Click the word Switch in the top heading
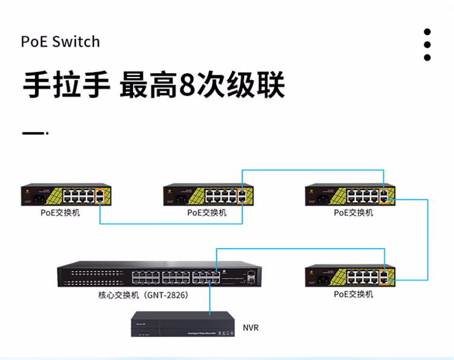[x=76, y=42]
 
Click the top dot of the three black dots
[x=427, y=32]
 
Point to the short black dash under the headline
[x=34, y=133]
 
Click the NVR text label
[x=251, y=327]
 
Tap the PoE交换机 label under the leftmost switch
[x=60, y=213]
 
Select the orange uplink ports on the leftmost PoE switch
[x=99, y=195]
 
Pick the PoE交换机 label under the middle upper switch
[x=206, y=213]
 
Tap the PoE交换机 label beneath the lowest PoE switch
[x=354, y=294]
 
